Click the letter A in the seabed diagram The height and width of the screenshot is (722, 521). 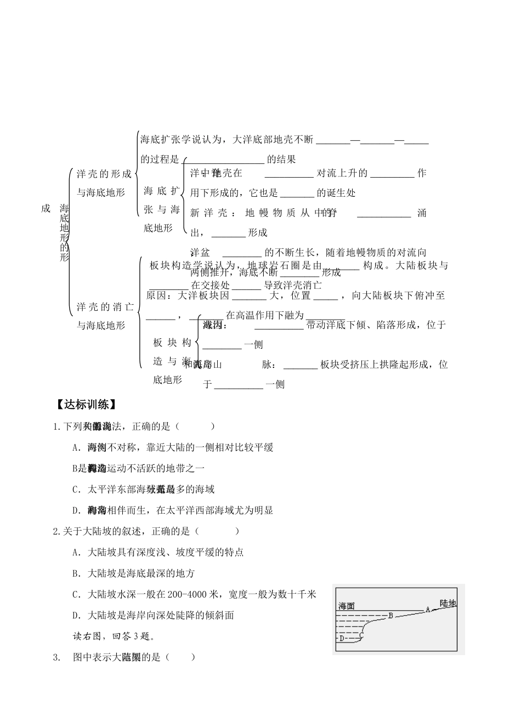pos(427,609)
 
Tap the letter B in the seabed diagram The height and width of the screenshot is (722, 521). pos(390,615)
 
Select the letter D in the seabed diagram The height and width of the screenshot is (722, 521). pos(341,638)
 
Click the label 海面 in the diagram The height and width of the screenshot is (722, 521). pos(347,606)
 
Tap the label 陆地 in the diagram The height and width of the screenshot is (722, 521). pos(448,603)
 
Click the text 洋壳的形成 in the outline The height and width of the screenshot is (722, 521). pos(104,174)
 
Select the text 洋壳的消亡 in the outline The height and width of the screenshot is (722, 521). pos(104,306)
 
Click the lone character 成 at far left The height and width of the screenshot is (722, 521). pos(46,208)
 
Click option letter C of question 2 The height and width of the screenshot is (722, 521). pos(76,594)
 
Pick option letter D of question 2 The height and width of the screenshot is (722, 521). pos(76,615)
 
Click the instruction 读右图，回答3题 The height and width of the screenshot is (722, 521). pos(114,636)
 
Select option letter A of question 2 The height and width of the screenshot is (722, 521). pos(76,552)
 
